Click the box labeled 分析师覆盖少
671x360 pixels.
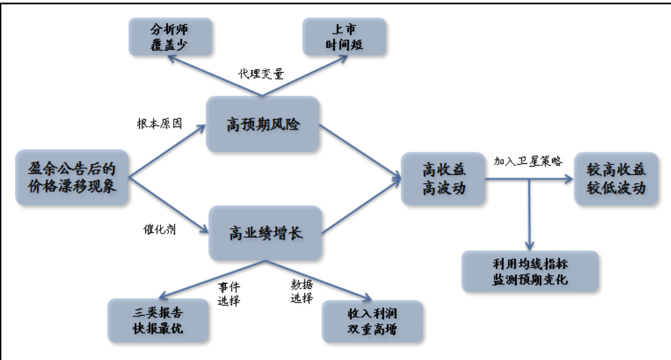(x=169, y=37)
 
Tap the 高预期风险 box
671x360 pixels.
(x=263, y=124)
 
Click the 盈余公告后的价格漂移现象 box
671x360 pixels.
(x=72, y=176)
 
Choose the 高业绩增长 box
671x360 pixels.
(x=265, y=233)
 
